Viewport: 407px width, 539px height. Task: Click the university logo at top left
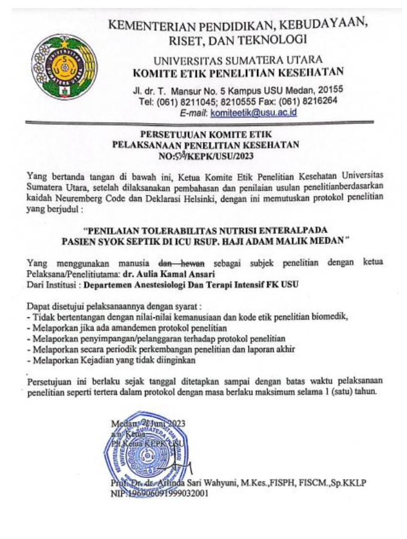(59, 67)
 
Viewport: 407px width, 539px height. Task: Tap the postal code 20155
(330, 90)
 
